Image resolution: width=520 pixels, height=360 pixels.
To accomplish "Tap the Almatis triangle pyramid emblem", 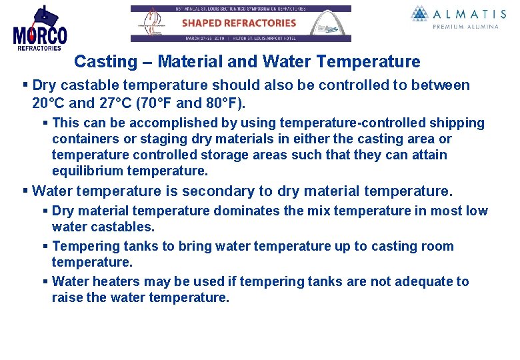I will [x=419, y=14].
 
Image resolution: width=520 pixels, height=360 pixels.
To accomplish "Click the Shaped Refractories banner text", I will [x=239, y=23].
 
